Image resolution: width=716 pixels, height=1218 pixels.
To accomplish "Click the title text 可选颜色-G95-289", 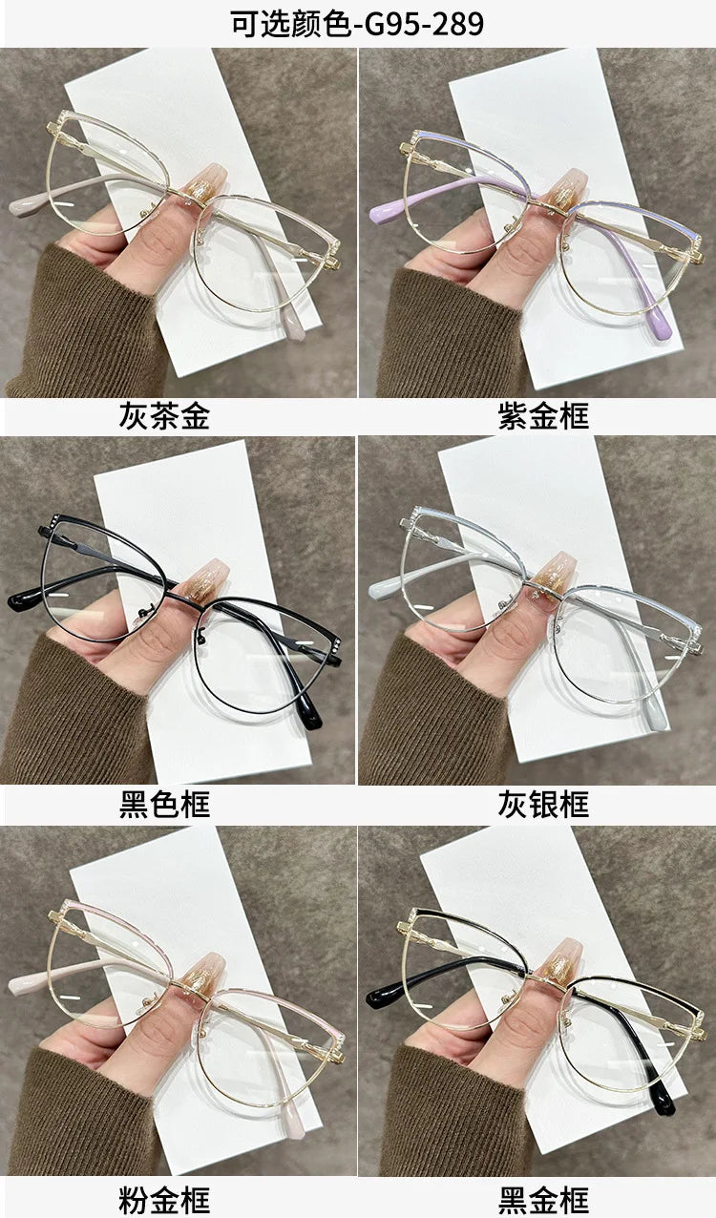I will [x=357, y=23].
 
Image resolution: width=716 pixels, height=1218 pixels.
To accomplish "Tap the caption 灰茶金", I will [x=164, y=416].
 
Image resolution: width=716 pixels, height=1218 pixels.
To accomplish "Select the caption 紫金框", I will [x=543, y=416].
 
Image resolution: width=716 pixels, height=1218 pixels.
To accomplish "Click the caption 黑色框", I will [x=164, y=804].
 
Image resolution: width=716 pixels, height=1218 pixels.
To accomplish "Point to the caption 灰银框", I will [x=543, y=804].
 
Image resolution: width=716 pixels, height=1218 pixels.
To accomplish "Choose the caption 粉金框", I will [x=164, y=1199].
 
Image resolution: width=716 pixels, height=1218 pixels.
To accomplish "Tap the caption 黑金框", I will [x=543, y=1199].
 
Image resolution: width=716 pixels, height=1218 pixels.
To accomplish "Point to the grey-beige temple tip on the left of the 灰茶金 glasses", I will [x=24, y=205].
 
